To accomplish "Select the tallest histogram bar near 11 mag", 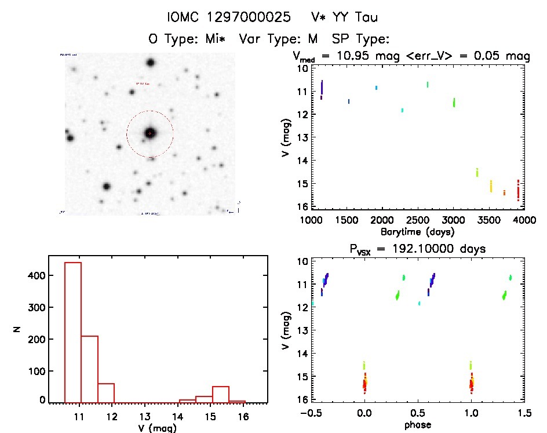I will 73,330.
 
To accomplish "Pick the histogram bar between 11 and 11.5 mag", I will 90,368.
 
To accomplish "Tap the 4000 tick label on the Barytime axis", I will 524,220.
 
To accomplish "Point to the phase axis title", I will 417,425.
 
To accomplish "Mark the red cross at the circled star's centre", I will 150,133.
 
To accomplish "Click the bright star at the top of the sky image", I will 151,63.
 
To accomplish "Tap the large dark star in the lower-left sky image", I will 107,186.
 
